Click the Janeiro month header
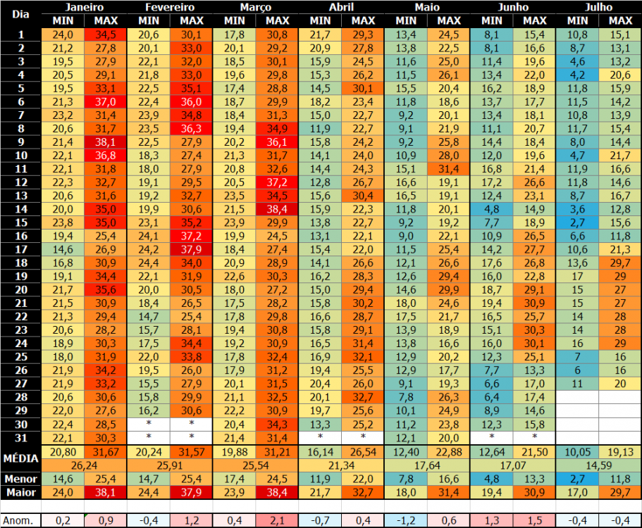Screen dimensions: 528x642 click(84, 7)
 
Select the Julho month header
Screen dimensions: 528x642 click(598, 7)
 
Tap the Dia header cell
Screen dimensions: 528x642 click(20, 14)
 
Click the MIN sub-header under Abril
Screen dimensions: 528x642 click(320, 20)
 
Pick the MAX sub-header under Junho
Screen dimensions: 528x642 click(534, 20)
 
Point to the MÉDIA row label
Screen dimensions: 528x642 click(20, 458)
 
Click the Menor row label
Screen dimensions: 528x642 click(20, 479)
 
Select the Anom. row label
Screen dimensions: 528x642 click(20, 521)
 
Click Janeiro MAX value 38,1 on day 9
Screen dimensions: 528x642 click(105, 142)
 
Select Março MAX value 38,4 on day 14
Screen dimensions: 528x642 click(277, 209)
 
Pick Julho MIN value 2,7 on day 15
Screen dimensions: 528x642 click(577, 222)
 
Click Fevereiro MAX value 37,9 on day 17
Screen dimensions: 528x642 click(191, 249)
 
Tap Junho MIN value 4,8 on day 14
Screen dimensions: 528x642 click(491, 209)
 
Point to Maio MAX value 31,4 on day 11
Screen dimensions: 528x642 click(448, 169)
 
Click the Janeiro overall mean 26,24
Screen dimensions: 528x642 click(84, 465)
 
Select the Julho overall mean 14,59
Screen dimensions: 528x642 click(598, 465)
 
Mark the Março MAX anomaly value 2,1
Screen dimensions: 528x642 click(277, 521)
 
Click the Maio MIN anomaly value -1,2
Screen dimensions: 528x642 click(405, 521)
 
